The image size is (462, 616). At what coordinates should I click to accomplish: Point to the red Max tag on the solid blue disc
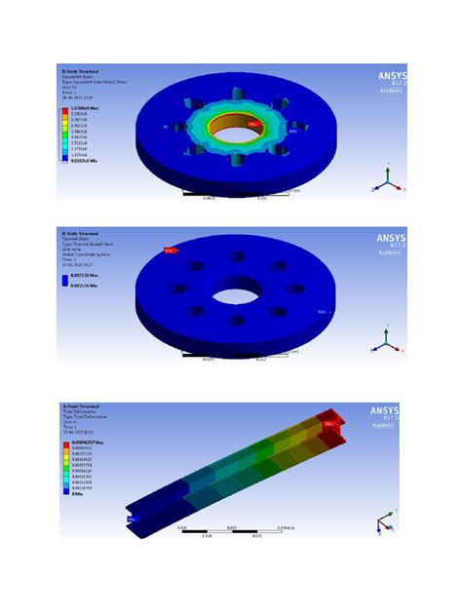[x=170, y=250]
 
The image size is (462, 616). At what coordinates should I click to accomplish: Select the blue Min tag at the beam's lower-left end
[x=133, y=520]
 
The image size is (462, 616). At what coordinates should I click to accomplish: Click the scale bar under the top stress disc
[x=239, y=194]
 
